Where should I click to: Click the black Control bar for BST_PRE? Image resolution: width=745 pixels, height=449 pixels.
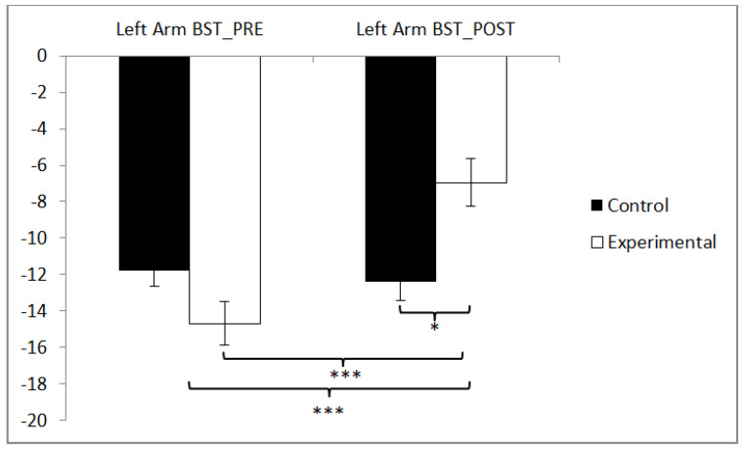point(153,162)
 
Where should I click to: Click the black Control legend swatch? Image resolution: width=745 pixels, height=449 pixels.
point(595,205)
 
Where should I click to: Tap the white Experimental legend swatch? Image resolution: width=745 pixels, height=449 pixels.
point(595,242)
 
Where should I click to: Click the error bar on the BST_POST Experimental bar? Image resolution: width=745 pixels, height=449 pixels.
point(471,182)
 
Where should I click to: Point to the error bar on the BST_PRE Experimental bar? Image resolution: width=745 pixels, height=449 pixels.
point(225,323)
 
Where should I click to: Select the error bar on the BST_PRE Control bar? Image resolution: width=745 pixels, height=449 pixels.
point(153,278)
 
